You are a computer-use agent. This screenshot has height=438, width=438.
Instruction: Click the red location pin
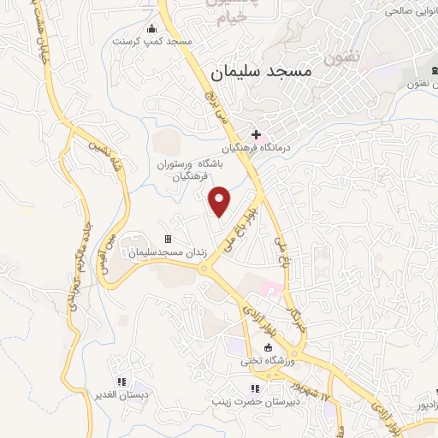pos(221,200)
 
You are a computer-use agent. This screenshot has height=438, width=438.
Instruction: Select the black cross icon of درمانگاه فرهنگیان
pos(256,134)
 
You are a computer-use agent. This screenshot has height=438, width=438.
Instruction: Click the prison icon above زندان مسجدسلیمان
pos(168,239)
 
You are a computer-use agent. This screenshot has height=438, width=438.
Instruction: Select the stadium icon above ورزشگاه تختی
pos(268,347)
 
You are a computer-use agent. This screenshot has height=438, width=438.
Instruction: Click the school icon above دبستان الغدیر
pos(121,382)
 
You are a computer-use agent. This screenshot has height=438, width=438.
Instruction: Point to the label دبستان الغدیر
pos(121,395)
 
